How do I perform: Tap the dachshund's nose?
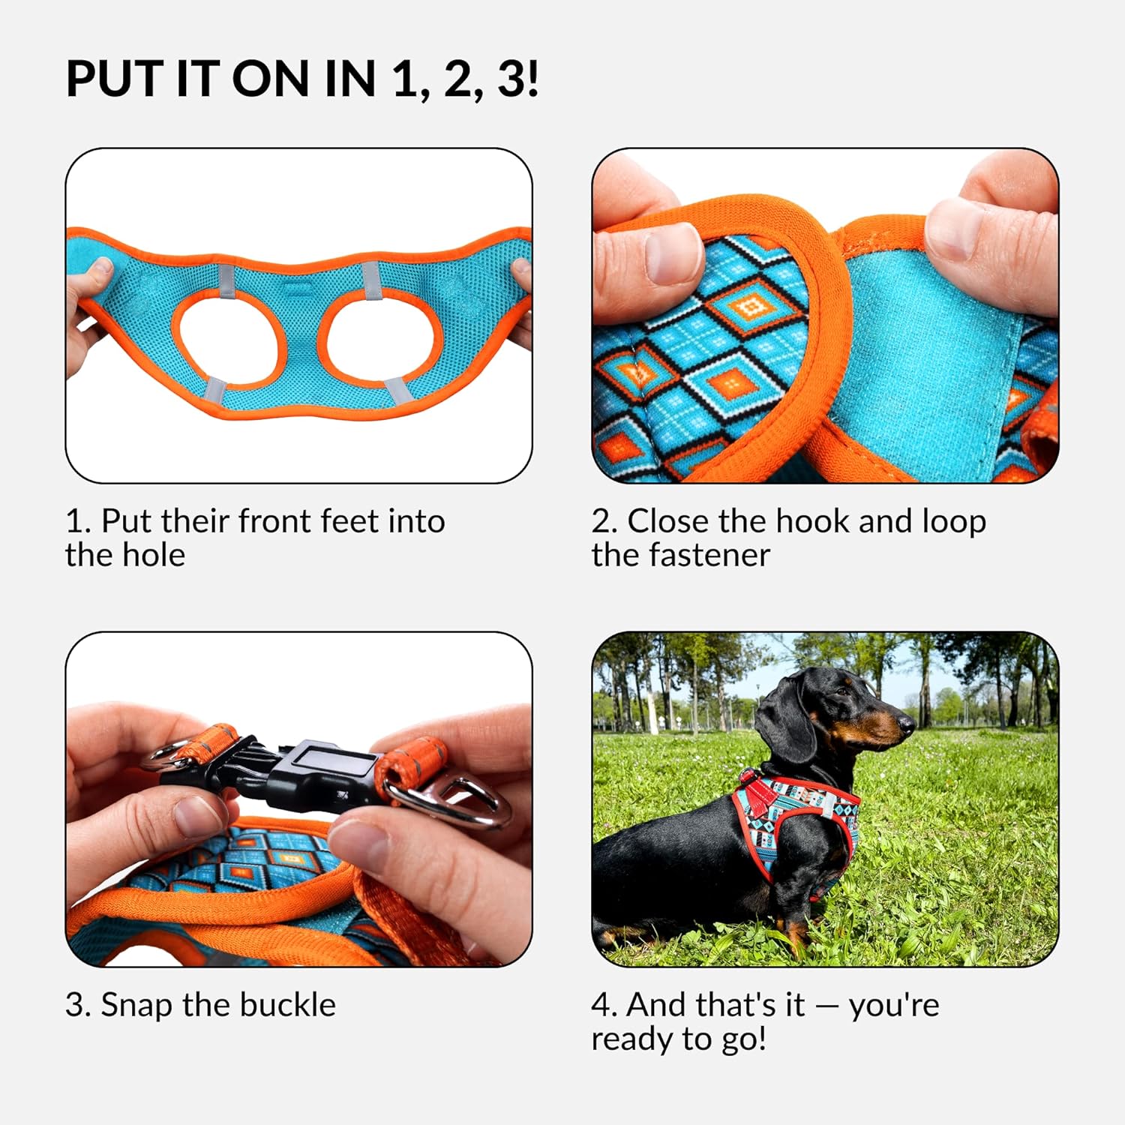(910, 723)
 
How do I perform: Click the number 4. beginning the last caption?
(604, 1005)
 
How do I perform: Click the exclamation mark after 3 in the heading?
(532, 79)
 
